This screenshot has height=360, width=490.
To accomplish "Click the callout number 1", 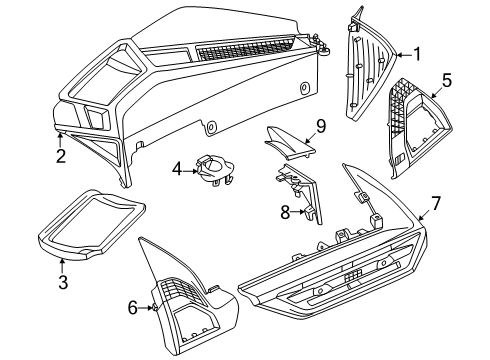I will tap(418, 54).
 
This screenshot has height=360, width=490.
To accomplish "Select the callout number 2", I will tap(60, 156).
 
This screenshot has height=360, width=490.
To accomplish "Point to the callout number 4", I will tap(176, 169).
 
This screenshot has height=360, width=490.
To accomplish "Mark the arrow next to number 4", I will tap(191, 169).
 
